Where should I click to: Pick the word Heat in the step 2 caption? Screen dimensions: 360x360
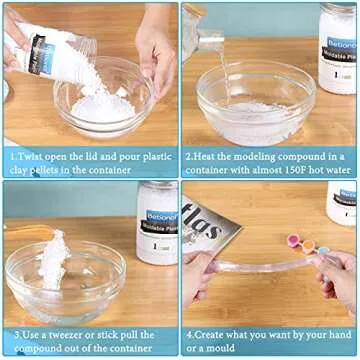(x=206, y=156)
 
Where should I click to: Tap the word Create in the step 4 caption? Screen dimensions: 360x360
(x=208, y=333)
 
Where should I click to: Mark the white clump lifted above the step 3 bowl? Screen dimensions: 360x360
(x=52, y=258)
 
